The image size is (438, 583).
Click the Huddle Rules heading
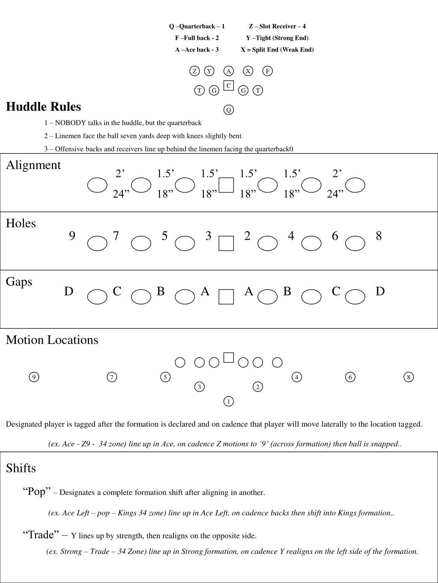click(43, 107)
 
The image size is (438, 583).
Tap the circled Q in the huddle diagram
click(228, 110)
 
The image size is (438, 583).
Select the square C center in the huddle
click(228, 86)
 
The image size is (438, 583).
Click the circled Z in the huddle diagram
click(195, 71)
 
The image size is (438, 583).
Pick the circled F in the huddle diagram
click(267, 71)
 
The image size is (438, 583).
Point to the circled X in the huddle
click(248, 71)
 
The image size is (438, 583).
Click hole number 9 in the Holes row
click(72, 236)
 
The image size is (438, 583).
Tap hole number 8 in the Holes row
click(379, 236)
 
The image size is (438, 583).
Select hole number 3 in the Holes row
click(208, 236)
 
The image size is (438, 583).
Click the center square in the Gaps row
click(226, 297)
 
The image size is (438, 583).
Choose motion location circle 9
click(34, 377)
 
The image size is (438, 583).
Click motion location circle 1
click(228, 401)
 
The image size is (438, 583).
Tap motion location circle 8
click(408, 377)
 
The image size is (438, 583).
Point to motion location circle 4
click(296, 377)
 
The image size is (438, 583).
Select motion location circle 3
click(199, 387)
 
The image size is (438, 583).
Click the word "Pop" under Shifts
click(37, 492)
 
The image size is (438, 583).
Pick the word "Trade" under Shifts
click(41, 535)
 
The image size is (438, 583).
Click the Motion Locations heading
click(52, 340)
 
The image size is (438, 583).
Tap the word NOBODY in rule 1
click(71, 123)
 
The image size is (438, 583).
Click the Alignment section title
click(33, 165)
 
